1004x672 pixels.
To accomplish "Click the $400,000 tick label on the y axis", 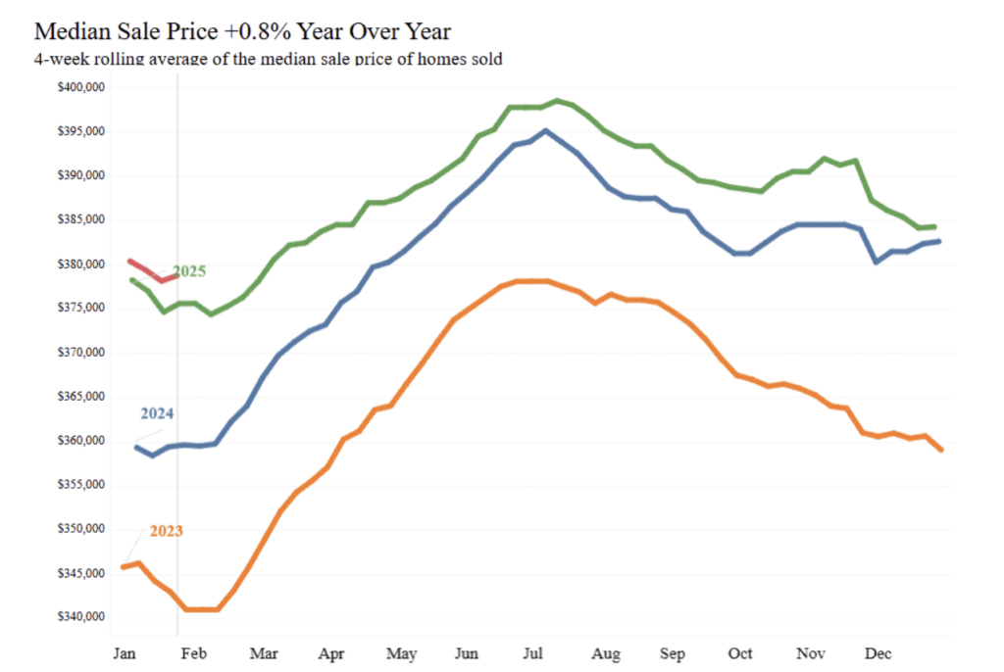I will click(81, 88).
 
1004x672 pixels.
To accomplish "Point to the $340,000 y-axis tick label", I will click(81, 617).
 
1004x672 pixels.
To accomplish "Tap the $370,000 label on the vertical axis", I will click(81, 353).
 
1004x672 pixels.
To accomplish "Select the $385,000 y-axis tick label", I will click(81, 220).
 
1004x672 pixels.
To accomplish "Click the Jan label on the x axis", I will click(124, 652).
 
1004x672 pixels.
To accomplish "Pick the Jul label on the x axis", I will click(535, 652).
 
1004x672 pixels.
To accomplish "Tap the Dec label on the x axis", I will click(878, 652).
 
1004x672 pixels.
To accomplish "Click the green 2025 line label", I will click(189, 271).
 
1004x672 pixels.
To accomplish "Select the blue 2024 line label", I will click(157, 413).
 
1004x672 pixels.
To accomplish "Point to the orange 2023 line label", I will click(166, 531).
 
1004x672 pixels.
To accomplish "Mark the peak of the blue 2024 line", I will click(545, 130).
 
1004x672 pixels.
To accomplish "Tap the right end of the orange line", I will click(941, 450).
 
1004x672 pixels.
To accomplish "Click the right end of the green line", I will click(933, 226).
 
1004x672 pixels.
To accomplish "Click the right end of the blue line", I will click(939, 241).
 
